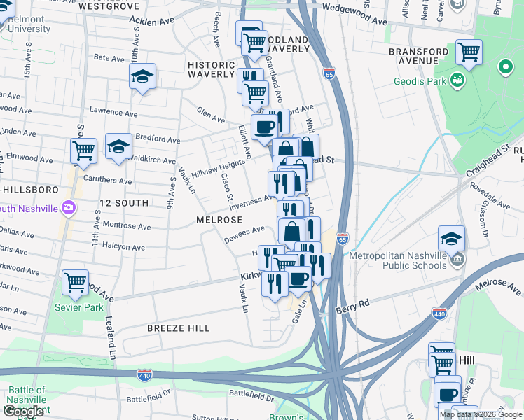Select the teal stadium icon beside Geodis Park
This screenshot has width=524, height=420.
(x=458, y=80)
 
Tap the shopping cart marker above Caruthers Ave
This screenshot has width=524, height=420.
(x=84, y=150)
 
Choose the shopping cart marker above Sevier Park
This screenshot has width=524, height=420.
(x=75, y=282)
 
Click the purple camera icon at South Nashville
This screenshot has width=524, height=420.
(x=68, y=208)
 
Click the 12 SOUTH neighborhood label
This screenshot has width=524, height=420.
(x=124, y=202)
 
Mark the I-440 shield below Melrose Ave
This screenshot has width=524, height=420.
(x=439, y=314)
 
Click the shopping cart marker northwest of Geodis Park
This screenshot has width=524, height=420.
(x=468, y=52)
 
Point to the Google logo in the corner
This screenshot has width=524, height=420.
(x=22, y=412)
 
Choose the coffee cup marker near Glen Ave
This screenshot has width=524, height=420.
(x=263, y=127)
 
